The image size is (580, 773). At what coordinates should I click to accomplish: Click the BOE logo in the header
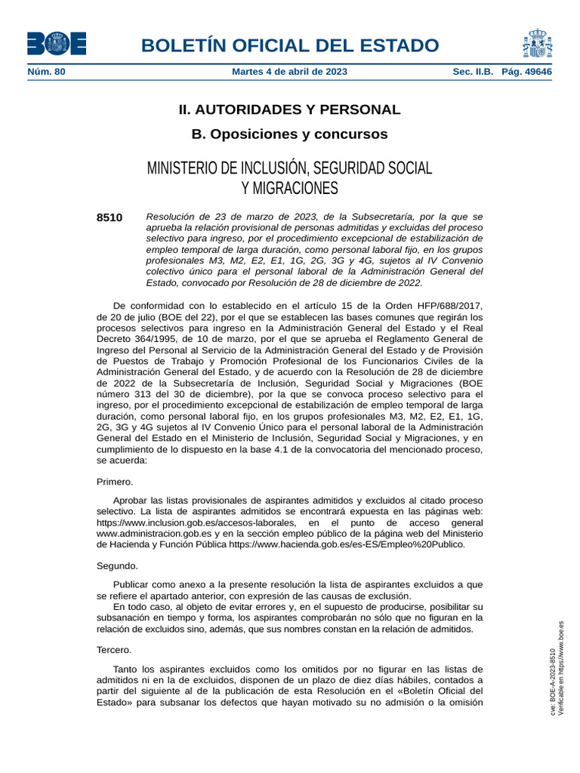coord(57,44)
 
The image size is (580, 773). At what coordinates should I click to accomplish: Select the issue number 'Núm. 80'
coord(47,72)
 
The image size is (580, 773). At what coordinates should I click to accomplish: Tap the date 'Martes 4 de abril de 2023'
coord(290,72)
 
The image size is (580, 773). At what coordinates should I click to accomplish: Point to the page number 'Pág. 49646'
coord(526,72)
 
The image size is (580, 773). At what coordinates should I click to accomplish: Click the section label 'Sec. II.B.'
coord(473,72)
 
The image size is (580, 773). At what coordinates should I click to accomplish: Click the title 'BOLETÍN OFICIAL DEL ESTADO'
coord(290,45)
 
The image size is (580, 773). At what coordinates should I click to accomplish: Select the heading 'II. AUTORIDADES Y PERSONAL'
coord(289,109)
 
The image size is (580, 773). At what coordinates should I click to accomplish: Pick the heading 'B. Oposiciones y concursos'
coord(289,134)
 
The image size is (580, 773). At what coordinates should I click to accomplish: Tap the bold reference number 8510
coord(110,217)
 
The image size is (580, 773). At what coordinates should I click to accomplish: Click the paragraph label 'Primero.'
coord(115,482)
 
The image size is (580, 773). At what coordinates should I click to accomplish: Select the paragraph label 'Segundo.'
coord(117,565)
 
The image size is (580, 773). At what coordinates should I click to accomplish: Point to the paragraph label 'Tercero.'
coord(114,649)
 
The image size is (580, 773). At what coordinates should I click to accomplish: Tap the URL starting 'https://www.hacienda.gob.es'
coord(347,544)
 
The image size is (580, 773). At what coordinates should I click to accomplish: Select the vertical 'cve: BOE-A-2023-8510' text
coord(553,683)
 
